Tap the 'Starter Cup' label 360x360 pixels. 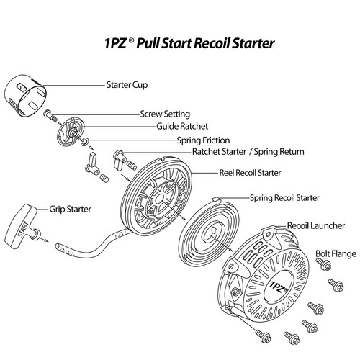click(x=127, y=84)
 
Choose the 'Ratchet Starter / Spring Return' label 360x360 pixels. click(x=248, y=153)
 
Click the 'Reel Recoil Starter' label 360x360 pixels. click(x=249, y=173)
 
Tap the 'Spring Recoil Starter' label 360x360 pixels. click(x=284, y=197)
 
